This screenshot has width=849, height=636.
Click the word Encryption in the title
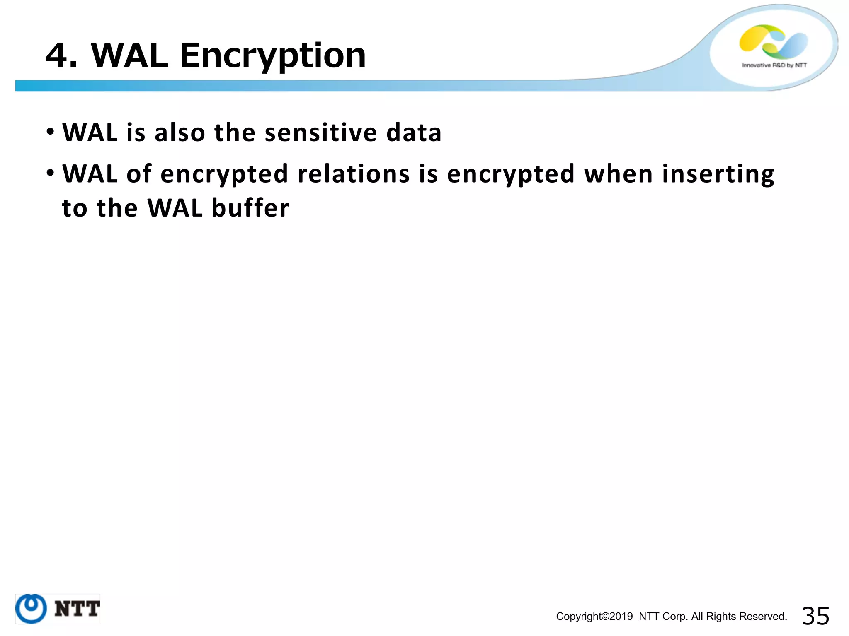click(273, 56)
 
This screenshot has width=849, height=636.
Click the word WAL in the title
click(129, 56)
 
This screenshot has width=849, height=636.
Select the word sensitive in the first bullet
click(320, 133)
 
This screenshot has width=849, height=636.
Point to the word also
click(180, 133)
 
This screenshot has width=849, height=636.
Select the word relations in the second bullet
click(354, 174)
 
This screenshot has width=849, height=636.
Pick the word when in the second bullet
click(618, 174)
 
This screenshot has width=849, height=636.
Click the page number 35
click(815, 616)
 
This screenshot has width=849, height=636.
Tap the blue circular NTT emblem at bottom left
click(31, 609)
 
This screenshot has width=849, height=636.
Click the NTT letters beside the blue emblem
click(77, 609)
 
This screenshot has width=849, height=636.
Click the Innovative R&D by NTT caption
click(774, 65)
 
